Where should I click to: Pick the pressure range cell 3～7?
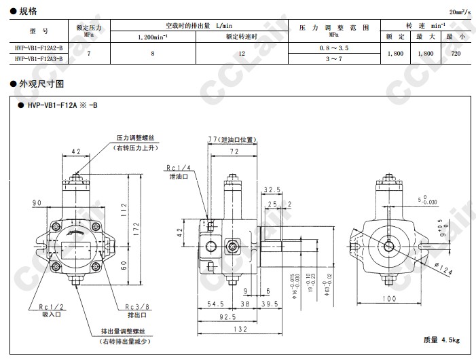click(333, 59)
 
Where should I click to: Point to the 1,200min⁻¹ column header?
click(153, 37)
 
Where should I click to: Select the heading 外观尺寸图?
click(41, 84)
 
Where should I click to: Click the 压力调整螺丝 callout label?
click(136, 137)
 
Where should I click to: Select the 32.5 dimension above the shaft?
click(272, 190)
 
